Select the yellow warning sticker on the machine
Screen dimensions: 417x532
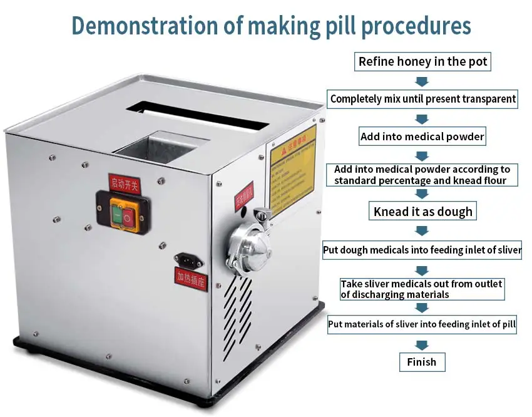(x=292, y=169)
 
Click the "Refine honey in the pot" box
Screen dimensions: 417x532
(x=422, y=61)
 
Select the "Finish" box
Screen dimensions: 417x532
(x=422, y=362)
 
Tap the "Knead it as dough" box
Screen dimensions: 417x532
(x=422, y=212)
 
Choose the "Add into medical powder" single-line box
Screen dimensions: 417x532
(x=422, y=136)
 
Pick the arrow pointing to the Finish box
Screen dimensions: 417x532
(x=422, y=345)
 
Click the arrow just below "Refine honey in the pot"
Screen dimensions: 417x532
(x=422, y=81)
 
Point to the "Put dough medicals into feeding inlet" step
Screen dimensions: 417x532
(x=422, y=250)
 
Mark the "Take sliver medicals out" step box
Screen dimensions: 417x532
(x=421, y=289)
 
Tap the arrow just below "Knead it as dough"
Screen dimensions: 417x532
(x=422, y=230)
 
